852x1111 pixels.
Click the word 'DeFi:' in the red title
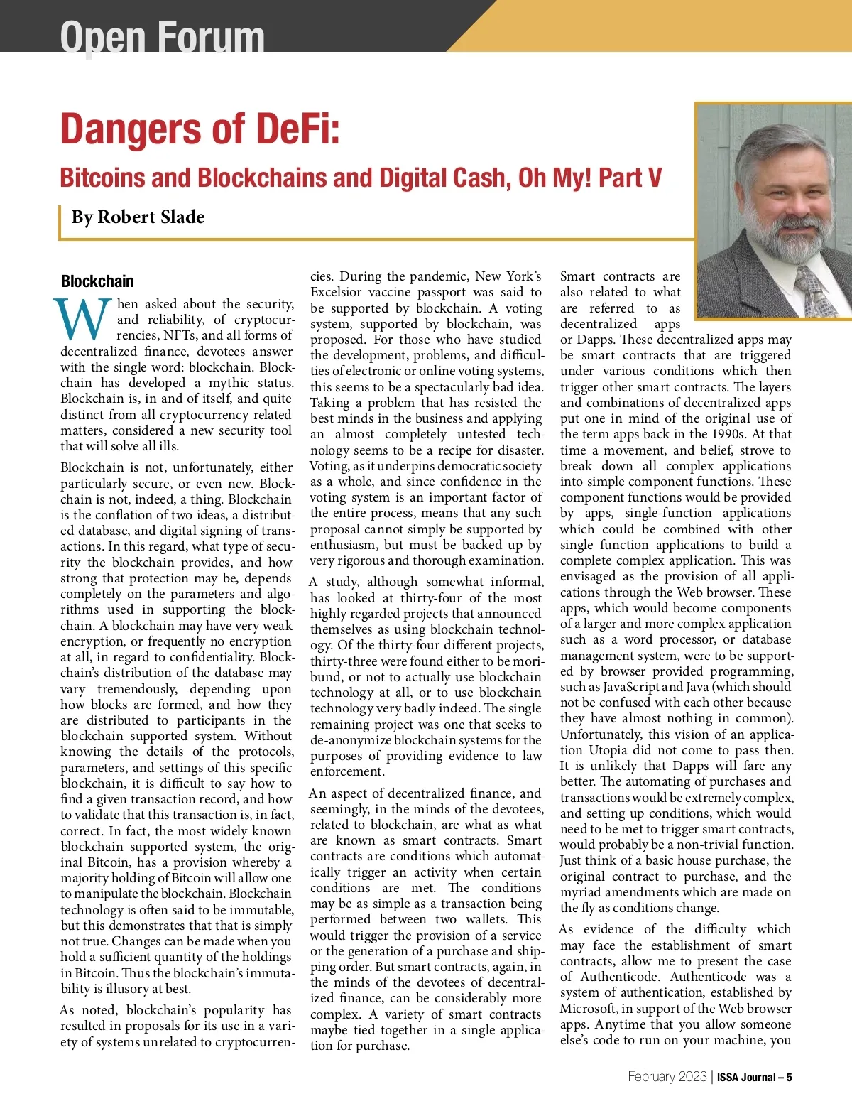tap(296, 129)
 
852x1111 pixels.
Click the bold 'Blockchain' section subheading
tap(97, 281)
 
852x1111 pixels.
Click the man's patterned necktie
tap(811, 288)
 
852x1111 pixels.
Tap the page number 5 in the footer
tap(789, 1077)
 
